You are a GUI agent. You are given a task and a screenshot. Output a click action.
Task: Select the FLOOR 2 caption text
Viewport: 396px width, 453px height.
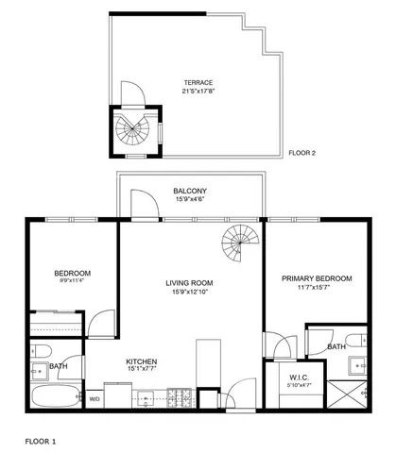(x=303, y=152)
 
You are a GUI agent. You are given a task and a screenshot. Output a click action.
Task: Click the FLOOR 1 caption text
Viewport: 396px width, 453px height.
(x=40, y=441)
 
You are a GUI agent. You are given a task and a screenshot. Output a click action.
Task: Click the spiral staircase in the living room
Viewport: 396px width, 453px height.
(x=237, y=246)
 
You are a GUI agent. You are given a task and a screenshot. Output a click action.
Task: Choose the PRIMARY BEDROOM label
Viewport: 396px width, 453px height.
(x=317, y=278)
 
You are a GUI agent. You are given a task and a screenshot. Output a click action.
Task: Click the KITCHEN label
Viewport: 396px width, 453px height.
(x=141, y=361)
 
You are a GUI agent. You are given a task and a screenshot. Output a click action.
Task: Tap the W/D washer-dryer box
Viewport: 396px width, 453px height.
(x=95, y=399)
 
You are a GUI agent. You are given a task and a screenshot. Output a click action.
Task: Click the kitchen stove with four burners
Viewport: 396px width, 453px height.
(x=178, y=397)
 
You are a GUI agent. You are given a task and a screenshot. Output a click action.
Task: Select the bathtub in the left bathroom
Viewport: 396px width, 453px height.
(x=56, y=396)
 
